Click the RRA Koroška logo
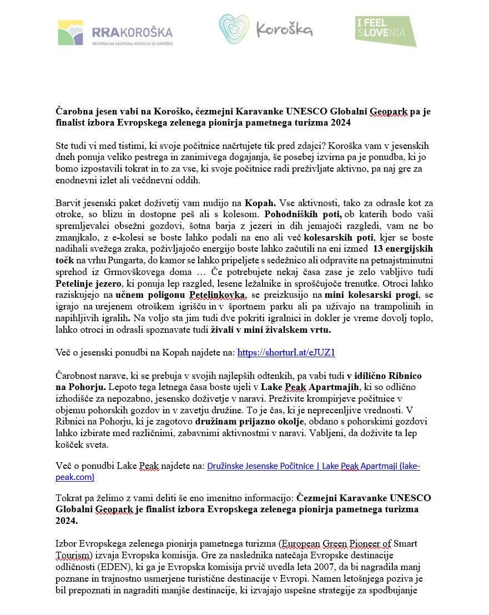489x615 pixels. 115,33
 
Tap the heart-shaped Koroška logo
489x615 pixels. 265,30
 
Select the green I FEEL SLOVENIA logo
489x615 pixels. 386,31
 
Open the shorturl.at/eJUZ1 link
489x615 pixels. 286,352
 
